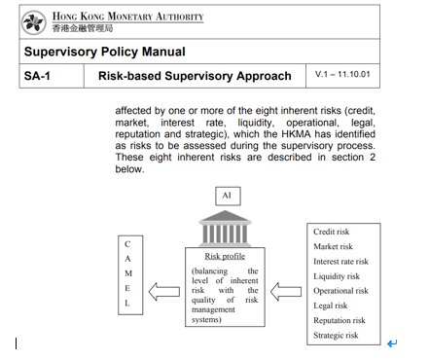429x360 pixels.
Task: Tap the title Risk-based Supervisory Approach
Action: (195, 76)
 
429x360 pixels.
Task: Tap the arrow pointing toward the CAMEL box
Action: (165, 289)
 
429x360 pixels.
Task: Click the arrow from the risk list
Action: (287, 289)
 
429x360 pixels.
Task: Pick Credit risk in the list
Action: (332, 232)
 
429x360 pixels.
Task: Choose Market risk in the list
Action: (333, 246)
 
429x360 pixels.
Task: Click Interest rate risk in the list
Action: (340, 261)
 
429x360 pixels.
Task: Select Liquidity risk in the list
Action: (336, 276)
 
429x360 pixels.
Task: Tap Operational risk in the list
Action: (340, 291)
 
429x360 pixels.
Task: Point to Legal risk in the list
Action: (330, 306)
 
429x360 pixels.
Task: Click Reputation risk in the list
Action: (339, 320)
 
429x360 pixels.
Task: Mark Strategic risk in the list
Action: (336, 335)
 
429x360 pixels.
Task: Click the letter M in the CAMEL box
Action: (127, 272)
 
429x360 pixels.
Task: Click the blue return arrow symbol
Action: (391, 343)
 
